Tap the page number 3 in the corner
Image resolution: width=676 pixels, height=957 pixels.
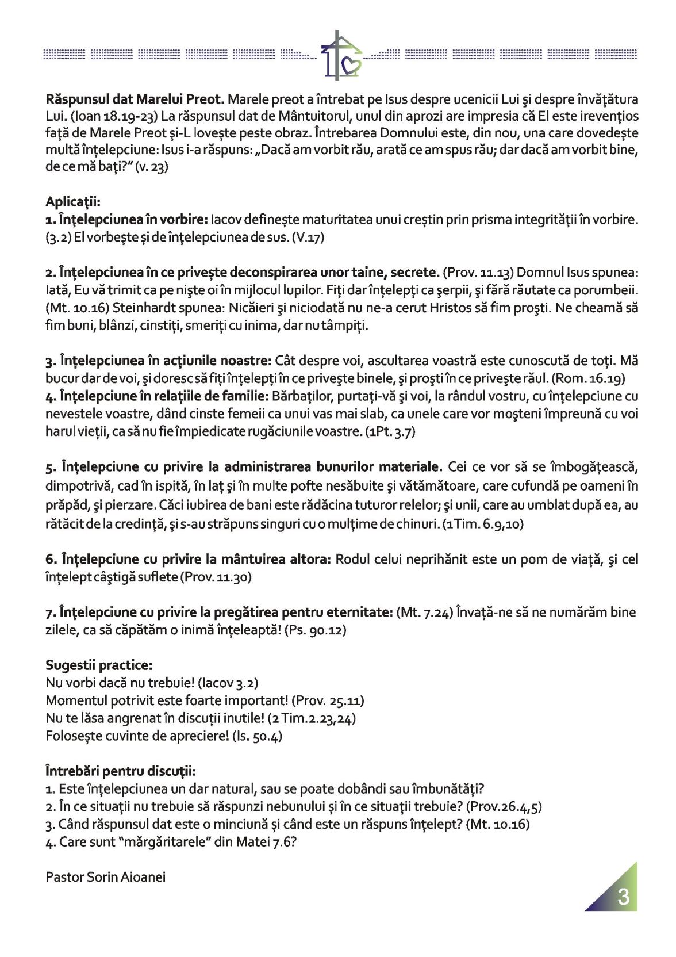point(623,897)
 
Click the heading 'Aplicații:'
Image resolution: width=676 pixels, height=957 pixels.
point(72,202)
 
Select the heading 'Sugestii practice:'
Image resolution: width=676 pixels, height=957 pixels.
point(99,665)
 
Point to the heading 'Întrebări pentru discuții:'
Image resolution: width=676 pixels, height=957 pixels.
point(121,771)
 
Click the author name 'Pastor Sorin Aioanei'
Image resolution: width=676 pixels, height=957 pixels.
point(106,877)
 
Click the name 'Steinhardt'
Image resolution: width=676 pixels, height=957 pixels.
point(141,308)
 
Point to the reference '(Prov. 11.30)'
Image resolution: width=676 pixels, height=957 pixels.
point(216,577)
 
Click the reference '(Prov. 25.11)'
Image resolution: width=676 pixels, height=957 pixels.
point(328,700)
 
